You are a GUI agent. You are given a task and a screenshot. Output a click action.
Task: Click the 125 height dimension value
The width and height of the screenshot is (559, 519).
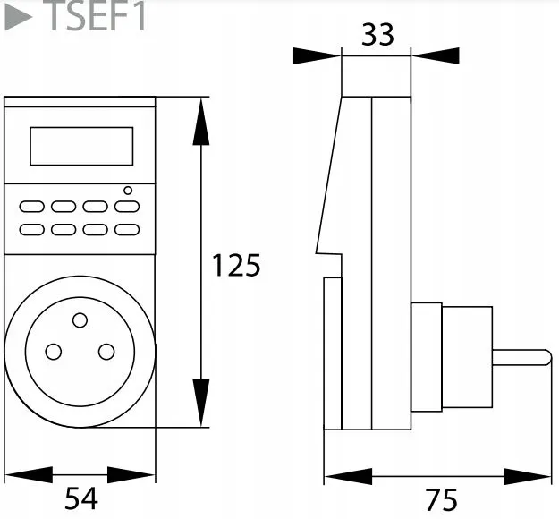pos(235,266)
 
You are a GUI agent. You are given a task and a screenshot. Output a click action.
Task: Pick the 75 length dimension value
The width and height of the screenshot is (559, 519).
pos(440,498)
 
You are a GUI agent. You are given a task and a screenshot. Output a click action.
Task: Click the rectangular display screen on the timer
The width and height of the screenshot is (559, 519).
pos(81,146)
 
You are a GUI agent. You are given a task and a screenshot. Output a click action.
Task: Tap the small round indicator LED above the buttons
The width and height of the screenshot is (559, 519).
pos(128,190)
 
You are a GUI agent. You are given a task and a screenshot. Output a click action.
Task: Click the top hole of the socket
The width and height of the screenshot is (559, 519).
pos(80,319)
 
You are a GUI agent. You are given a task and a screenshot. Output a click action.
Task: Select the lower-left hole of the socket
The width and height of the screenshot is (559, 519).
pos(54,352)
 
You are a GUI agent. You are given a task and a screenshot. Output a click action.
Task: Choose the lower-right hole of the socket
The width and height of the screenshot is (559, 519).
pos(106,352)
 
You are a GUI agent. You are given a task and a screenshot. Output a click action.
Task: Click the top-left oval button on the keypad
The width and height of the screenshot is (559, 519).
pos(31,207)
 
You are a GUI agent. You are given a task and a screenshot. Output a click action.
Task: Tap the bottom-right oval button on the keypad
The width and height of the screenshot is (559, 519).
pos(127,229)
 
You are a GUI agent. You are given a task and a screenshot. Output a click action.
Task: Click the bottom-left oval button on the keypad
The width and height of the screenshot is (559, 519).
pos(31,229)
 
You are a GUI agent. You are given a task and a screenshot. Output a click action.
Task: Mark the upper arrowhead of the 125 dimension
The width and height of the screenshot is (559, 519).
pos(201,125)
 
